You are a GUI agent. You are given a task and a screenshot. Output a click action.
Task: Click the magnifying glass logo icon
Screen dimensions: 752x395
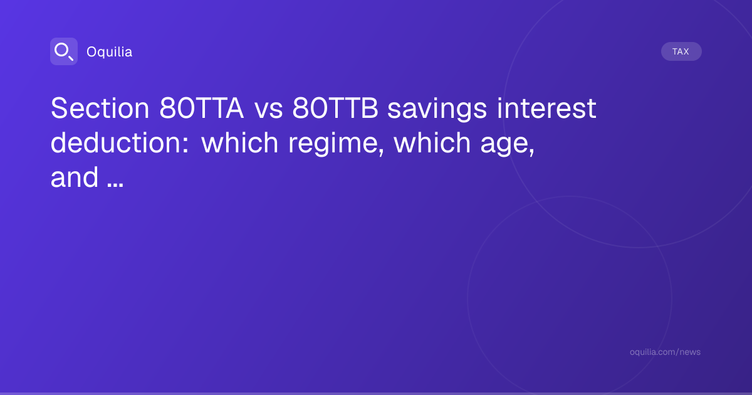coord(64,51)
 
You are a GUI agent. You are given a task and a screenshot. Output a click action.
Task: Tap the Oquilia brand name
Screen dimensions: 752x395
coord(110,51)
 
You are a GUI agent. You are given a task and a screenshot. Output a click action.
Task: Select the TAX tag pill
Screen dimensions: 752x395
coord(681,51)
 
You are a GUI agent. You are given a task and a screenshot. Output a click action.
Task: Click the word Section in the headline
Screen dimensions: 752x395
coord(100,108)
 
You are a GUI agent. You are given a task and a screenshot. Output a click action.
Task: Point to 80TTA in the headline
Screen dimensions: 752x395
coord(201,108)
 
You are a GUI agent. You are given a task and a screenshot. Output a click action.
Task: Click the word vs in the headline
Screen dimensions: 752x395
coord(269,110)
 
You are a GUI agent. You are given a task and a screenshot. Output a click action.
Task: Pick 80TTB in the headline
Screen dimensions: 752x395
coord(335,108)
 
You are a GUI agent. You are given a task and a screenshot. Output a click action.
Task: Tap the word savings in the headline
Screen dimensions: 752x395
coord(437,110)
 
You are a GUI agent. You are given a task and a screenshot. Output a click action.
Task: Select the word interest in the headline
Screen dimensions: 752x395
coord(547,108)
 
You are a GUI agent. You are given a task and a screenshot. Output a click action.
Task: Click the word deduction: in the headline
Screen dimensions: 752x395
coord(120,143)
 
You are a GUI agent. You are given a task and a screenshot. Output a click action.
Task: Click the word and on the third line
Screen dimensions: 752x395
coord(75,177)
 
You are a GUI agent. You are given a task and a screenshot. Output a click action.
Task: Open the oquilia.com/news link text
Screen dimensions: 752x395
coord(665,352)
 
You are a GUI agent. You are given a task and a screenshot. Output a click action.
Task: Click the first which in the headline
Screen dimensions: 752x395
coord(240,143)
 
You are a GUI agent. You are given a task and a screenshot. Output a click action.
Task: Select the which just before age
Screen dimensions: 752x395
coord(432,143)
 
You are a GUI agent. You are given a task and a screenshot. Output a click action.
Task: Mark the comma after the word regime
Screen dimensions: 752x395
coord(381,153)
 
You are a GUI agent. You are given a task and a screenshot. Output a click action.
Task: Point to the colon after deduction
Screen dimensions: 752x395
coord(185,145)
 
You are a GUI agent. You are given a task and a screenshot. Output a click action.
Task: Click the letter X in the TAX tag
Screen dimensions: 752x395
coord(686,51)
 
